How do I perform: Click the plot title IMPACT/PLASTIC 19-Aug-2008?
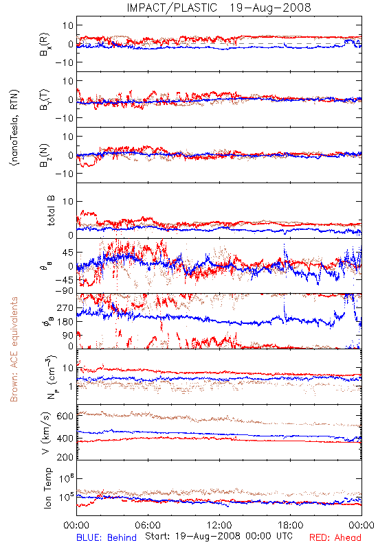219,8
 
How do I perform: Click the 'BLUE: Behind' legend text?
107,537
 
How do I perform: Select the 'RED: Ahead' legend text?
335,537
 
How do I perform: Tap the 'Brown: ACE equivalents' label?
14,349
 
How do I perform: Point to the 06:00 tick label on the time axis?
148,525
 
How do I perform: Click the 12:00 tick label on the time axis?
219,525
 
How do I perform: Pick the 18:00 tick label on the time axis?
291,525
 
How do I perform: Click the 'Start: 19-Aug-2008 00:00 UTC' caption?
219,536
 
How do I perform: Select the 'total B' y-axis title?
51,211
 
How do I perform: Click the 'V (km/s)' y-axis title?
46,433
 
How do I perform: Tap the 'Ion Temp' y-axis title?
48,488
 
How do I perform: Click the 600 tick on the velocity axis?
65,416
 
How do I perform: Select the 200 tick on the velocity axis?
65,457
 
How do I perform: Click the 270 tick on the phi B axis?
65,307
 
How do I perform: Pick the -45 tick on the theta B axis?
64,280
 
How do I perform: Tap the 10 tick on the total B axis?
68,201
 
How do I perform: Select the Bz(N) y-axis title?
45,155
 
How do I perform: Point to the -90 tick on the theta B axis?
64,290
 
